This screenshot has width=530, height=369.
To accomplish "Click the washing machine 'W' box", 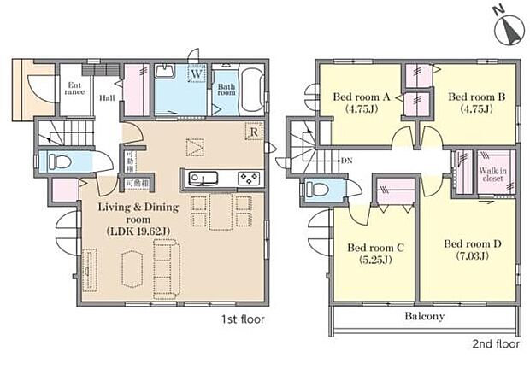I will pos(197,74).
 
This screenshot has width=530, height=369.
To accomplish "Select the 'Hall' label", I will pos(107,98).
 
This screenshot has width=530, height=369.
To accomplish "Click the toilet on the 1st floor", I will pos(61,161).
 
